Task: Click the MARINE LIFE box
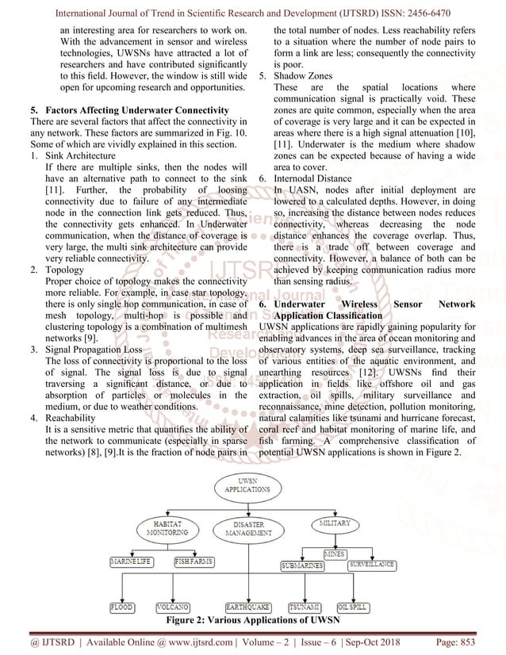click(132, 562)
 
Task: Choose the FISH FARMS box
click(194, 562)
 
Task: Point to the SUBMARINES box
click(302, 566)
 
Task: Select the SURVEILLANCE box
click(371, 565)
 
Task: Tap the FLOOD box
click(122, 607)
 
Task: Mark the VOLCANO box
click(172, 607)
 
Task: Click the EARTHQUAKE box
click(247, 607)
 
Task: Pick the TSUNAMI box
click(305, 607)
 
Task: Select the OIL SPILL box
click(353, 607)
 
